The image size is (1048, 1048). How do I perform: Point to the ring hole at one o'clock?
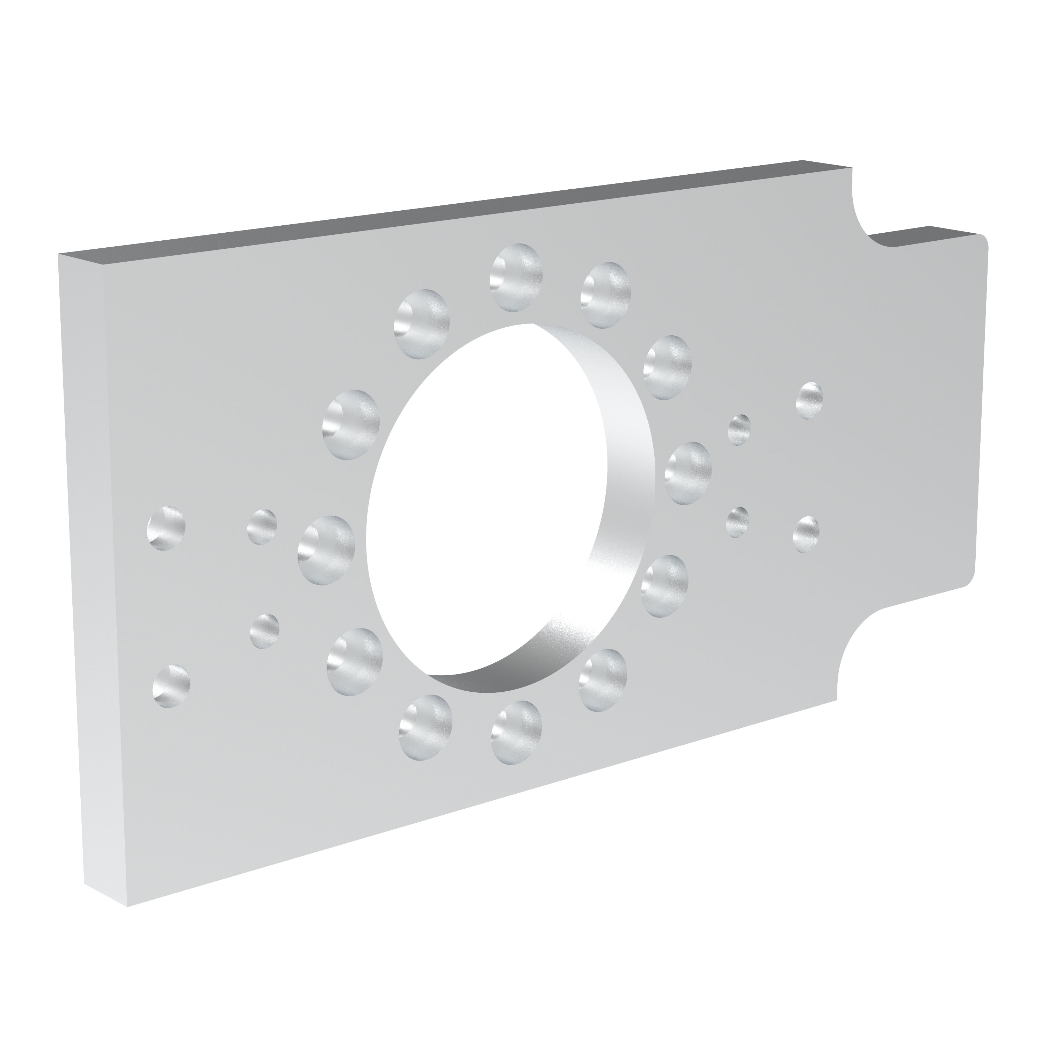(605, 295)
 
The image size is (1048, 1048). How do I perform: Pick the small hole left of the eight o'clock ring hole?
(265, 630)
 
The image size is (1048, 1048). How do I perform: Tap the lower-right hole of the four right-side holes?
(806, 534)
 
